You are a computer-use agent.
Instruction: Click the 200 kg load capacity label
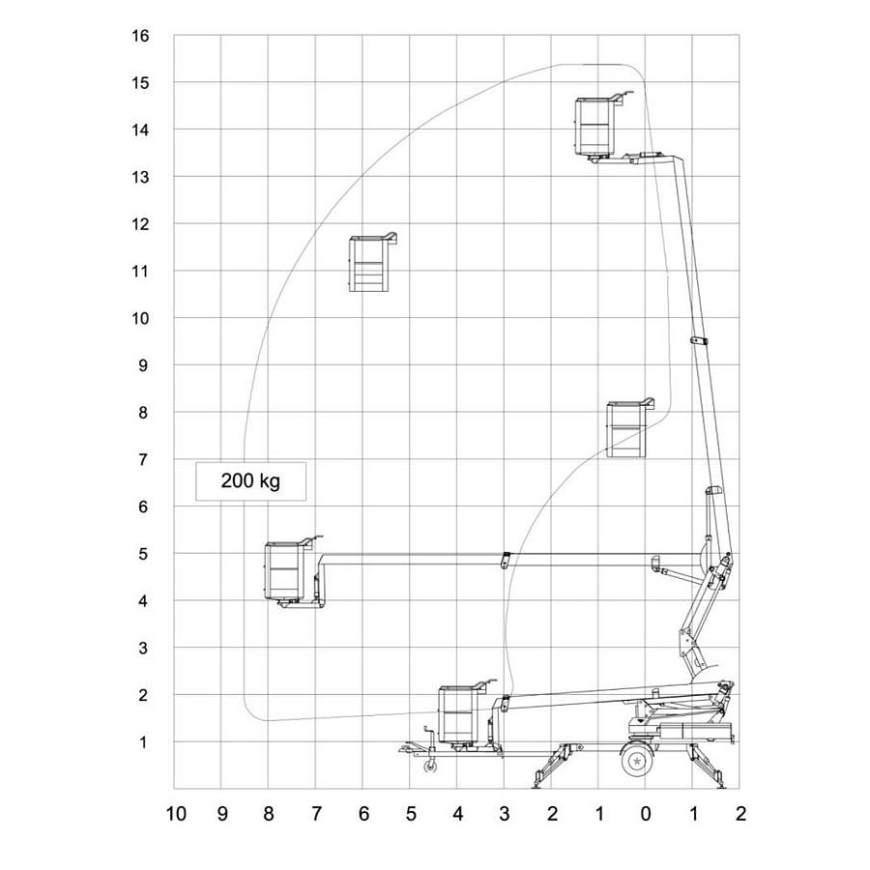[x=250, y=481]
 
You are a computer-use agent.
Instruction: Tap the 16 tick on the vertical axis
[x=140, y=36]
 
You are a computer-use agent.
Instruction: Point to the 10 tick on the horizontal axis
[x=176, y=814]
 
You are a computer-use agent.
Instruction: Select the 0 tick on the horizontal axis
[x=646, y=814]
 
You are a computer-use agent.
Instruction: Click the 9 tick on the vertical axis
[x=143, y=365]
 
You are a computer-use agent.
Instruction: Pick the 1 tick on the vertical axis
[x=143, y=742]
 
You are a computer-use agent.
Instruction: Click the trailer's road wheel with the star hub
[x=636, y=760]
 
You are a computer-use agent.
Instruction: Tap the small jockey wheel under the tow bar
[x=429, y=767]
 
